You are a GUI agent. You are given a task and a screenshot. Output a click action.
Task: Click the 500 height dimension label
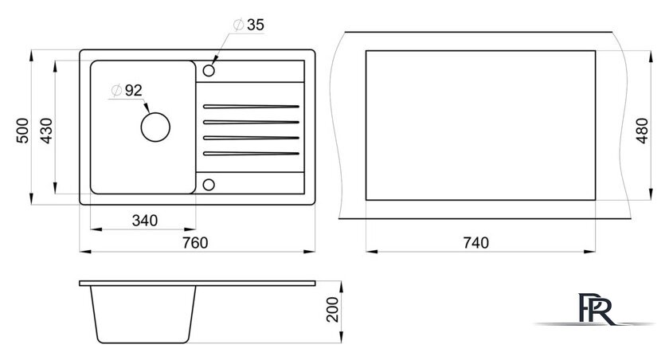tap(23, 129)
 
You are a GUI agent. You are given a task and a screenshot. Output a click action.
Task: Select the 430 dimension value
tap(46, 129)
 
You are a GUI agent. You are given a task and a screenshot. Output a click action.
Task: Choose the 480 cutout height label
tap(643, 125)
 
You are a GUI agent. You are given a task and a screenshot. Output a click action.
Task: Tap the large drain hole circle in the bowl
tap(155, 125)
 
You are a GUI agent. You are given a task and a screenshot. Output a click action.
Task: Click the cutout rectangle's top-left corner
tap(366, 52)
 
